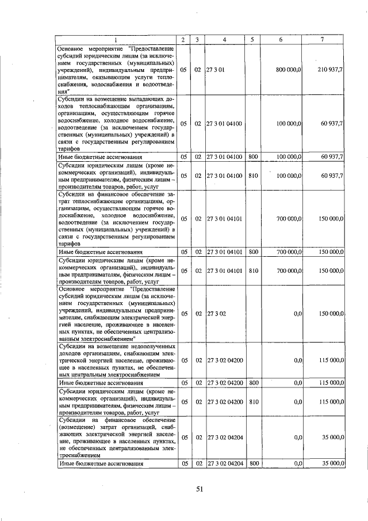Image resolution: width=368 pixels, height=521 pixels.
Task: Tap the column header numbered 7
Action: [321, 39]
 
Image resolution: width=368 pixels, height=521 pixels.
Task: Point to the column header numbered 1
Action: [115, 39]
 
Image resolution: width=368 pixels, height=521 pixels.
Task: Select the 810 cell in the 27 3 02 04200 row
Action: [253, 402]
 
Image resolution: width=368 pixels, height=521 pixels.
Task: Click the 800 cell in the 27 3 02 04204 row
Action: [253, 463]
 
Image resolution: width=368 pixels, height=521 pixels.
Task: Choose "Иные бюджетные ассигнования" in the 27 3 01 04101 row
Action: [100, 252]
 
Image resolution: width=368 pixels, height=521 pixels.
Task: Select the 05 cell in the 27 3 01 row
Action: [183, 70]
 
